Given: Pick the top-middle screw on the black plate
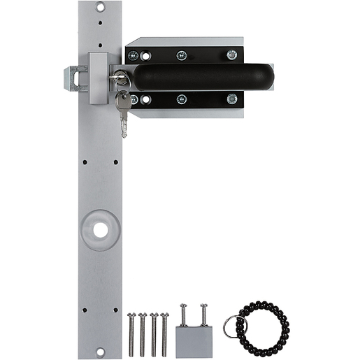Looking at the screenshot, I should tap(182, 55).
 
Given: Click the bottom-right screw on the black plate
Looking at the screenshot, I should tap(231, 99).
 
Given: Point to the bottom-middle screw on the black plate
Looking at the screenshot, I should tap(182, 99).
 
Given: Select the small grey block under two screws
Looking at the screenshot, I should tap(194, 342).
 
